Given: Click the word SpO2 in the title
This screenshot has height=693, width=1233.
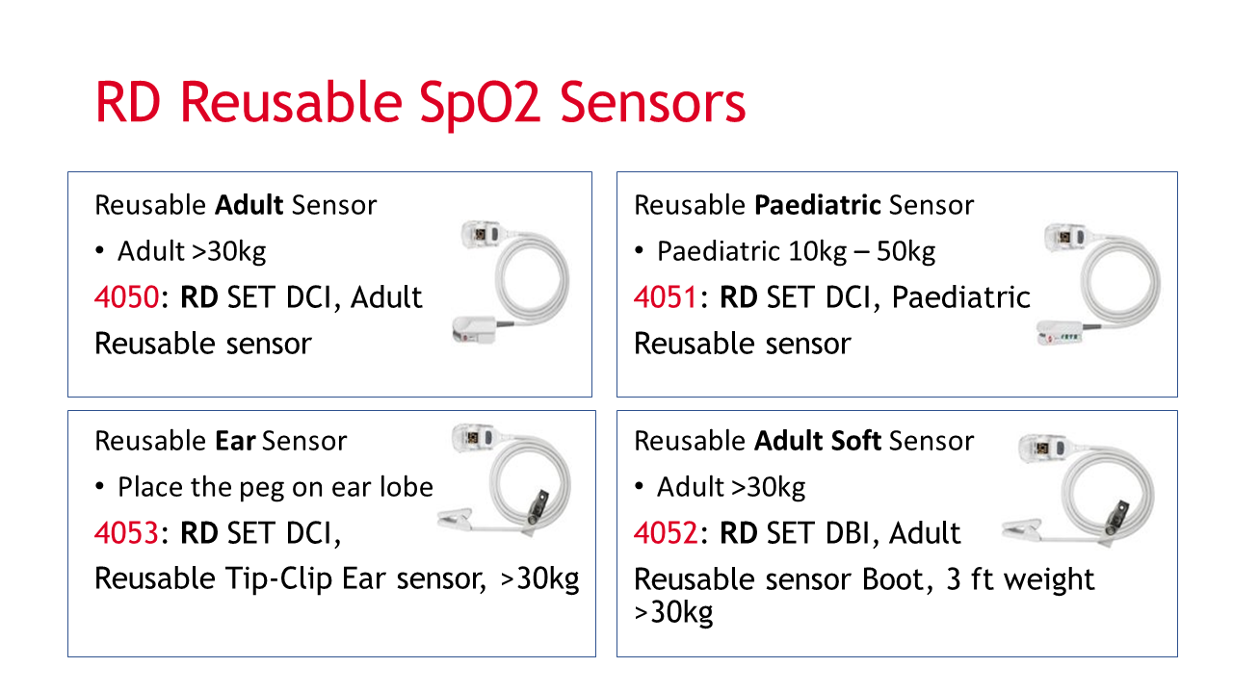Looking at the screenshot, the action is pyautogui.click(x=480, y=103).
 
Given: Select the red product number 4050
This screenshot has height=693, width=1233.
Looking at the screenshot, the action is pyautogui.click(x=126, y=297).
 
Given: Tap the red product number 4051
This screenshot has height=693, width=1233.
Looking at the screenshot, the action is pyautogui.click(x=666, y=297).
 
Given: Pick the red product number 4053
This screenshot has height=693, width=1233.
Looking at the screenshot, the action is pyautogui.click(x=126, y=533).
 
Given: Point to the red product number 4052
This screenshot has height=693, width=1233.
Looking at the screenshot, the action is pyautogui.click(x=666, y=533).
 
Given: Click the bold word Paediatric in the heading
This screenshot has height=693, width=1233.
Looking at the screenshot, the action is pyautogui.click(x=818, y=205).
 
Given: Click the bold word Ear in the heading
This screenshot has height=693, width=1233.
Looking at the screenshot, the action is pyautogui.click(x=235, y=441).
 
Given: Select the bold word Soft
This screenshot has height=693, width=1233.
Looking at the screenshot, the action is pyautogui.click(x=856, y=441).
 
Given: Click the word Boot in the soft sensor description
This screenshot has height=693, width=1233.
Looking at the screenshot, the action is pyautogui.click(x=897, y=579).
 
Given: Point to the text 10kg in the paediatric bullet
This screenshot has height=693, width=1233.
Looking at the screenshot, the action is pyautogui.click(x=818, y=252).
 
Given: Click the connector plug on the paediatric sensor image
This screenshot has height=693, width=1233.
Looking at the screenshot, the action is pyautogui.click(x=1065, y=237).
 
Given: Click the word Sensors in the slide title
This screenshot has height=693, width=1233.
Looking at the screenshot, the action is pyautogui.click(x=653, y=103).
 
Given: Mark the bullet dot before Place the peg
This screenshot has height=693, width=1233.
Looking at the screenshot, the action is pyautogui.click(x=99, y=487).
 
